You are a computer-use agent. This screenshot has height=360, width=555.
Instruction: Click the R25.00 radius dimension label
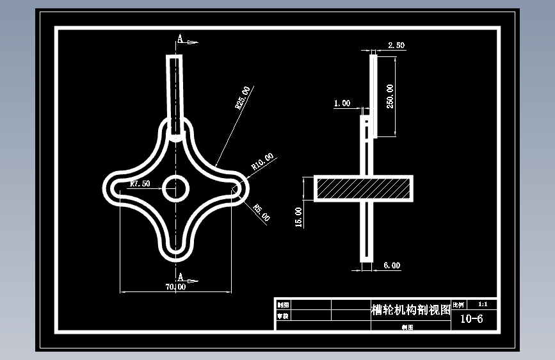(243, 98)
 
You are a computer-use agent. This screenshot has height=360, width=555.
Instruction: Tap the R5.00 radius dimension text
(262, 212)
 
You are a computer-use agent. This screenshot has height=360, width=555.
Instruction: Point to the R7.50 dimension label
(140, 184)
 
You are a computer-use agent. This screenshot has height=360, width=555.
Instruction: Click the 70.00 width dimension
(175, 286)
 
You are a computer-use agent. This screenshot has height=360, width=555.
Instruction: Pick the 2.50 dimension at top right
(396, 45)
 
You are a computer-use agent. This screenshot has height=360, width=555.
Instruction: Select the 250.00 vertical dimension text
(390, 96)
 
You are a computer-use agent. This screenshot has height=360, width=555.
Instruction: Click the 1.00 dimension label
(342, 102)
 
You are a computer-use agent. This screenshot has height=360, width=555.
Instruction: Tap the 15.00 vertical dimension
(298, 216)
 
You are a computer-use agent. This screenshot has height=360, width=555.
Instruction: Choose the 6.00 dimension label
(392, 265)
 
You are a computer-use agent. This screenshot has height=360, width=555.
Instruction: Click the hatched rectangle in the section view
(363, 188)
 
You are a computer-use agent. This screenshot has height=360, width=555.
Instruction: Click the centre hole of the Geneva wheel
(175, 188)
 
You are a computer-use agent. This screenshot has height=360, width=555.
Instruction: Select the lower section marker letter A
(181, 277)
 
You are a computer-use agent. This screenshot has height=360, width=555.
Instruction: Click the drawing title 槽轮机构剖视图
(410, 310)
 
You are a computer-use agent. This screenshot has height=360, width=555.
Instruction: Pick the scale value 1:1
(483, 305)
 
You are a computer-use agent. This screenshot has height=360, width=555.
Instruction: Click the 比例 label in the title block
(458, 305)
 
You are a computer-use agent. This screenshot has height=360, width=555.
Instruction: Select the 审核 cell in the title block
(282, 316)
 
